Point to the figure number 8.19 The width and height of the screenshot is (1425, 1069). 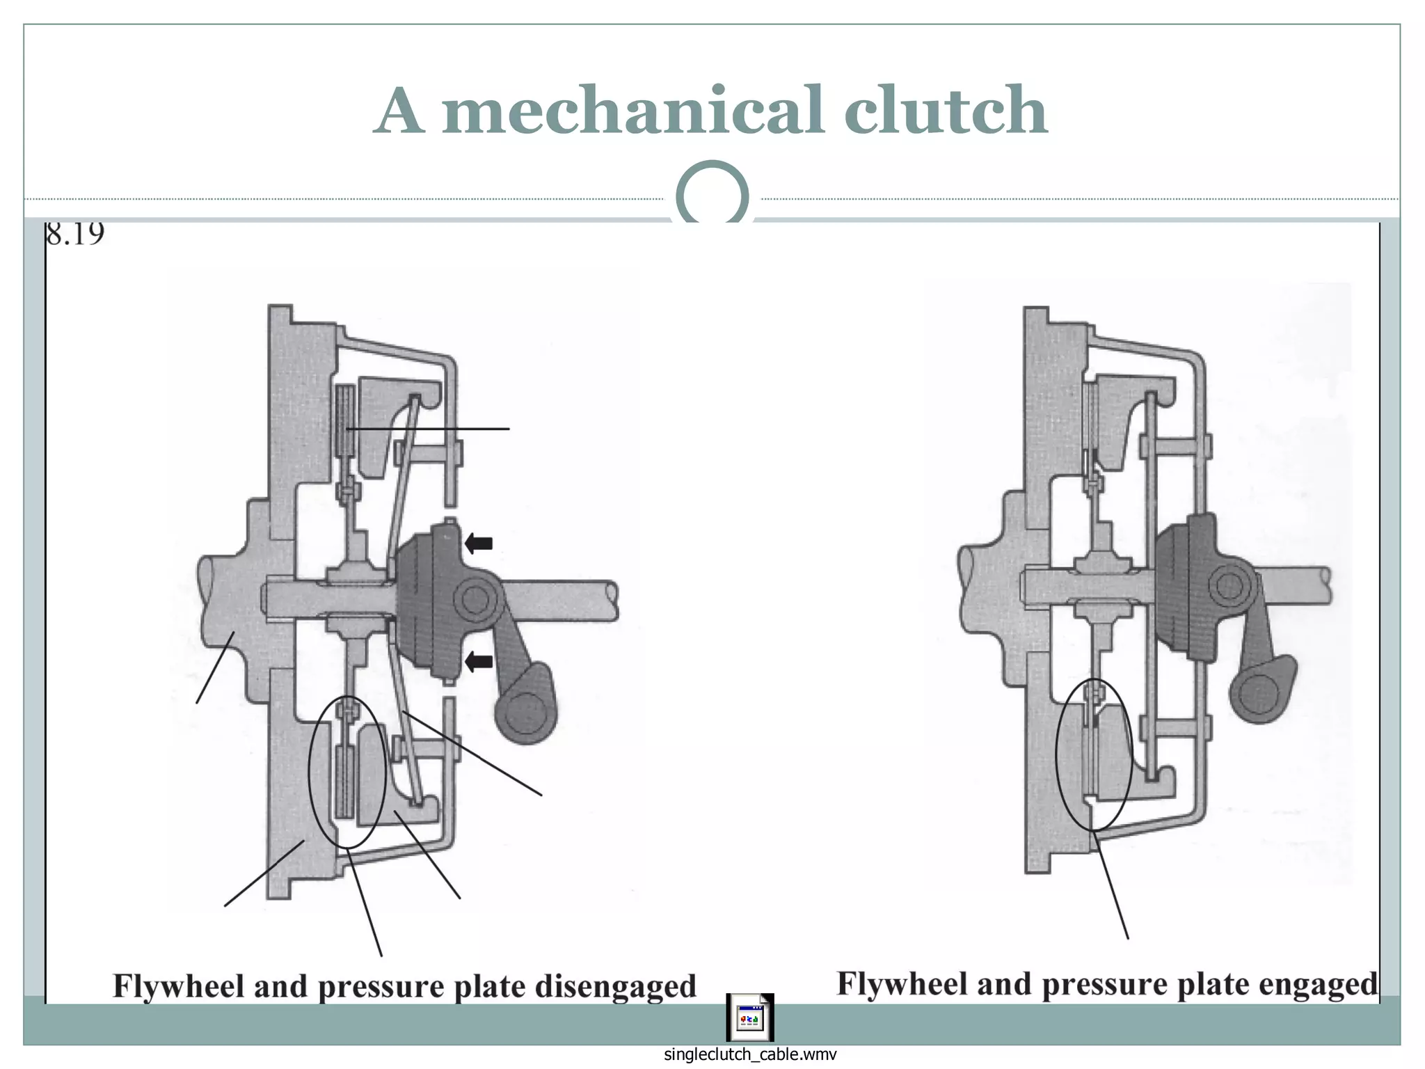coord(75,234)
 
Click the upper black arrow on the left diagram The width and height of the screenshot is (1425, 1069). coord(479,543)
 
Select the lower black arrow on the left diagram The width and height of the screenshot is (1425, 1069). coord(479,661)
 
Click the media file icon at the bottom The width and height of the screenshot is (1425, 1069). coord(749,1017)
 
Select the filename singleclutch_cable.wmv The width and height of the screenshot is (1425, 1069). coord(749,1054)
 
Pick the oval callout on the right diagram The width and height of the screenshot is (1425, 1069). coord(1094,754)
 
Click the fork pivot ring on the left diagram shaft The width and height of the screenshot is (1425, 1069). coord(475,598)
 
